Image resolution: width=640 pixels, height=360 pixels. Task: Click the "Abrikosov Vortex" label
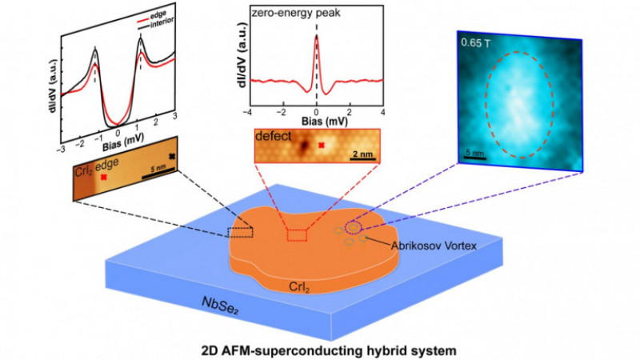[x=434, y=246]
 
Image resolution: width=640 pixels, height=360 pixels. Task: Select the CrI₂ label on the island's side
[x=299, y=287]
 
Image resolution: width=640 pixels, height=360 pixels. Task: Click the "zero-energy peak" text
[x=296, y=13]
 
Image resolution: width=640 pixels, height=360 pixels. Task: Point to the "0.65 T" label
[x=476, y=43]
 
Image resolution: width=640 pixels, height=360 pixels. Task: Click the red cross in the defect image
[x=322, y=145]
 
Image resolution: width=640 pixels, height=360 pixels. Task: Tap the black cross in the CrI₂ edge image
[x=172, y=156]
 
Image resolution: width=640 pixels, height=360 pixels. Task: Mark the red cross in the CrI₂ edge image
[x=104, y=177]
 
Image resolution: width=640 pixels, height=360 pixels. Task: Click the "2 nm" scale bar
[x=363, y=158]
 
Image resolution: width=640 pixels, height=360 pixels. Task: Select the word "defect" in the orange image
[x=274, y=136]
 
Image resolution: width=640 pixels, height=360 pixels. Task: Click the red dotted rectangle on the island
[x=297, y=235]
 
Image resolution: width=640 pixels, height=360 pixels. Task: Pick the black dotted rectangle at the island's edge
[x=241, y=232]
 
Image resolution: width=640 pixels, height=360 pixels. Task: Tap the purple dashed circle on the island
[x=354, y=227]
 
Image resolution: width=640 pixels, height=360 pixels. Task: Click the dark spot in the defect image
[x=304, y=145]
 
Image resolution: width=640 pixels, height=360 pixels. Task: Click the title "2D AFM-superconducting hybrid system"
[x=329, y=350]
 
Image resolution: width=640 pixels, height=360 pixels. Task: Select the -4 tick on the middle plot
[x=247, y=112]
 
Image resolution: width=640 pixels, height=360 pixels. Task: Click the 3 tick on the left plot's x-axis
[x=174, y=116]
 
